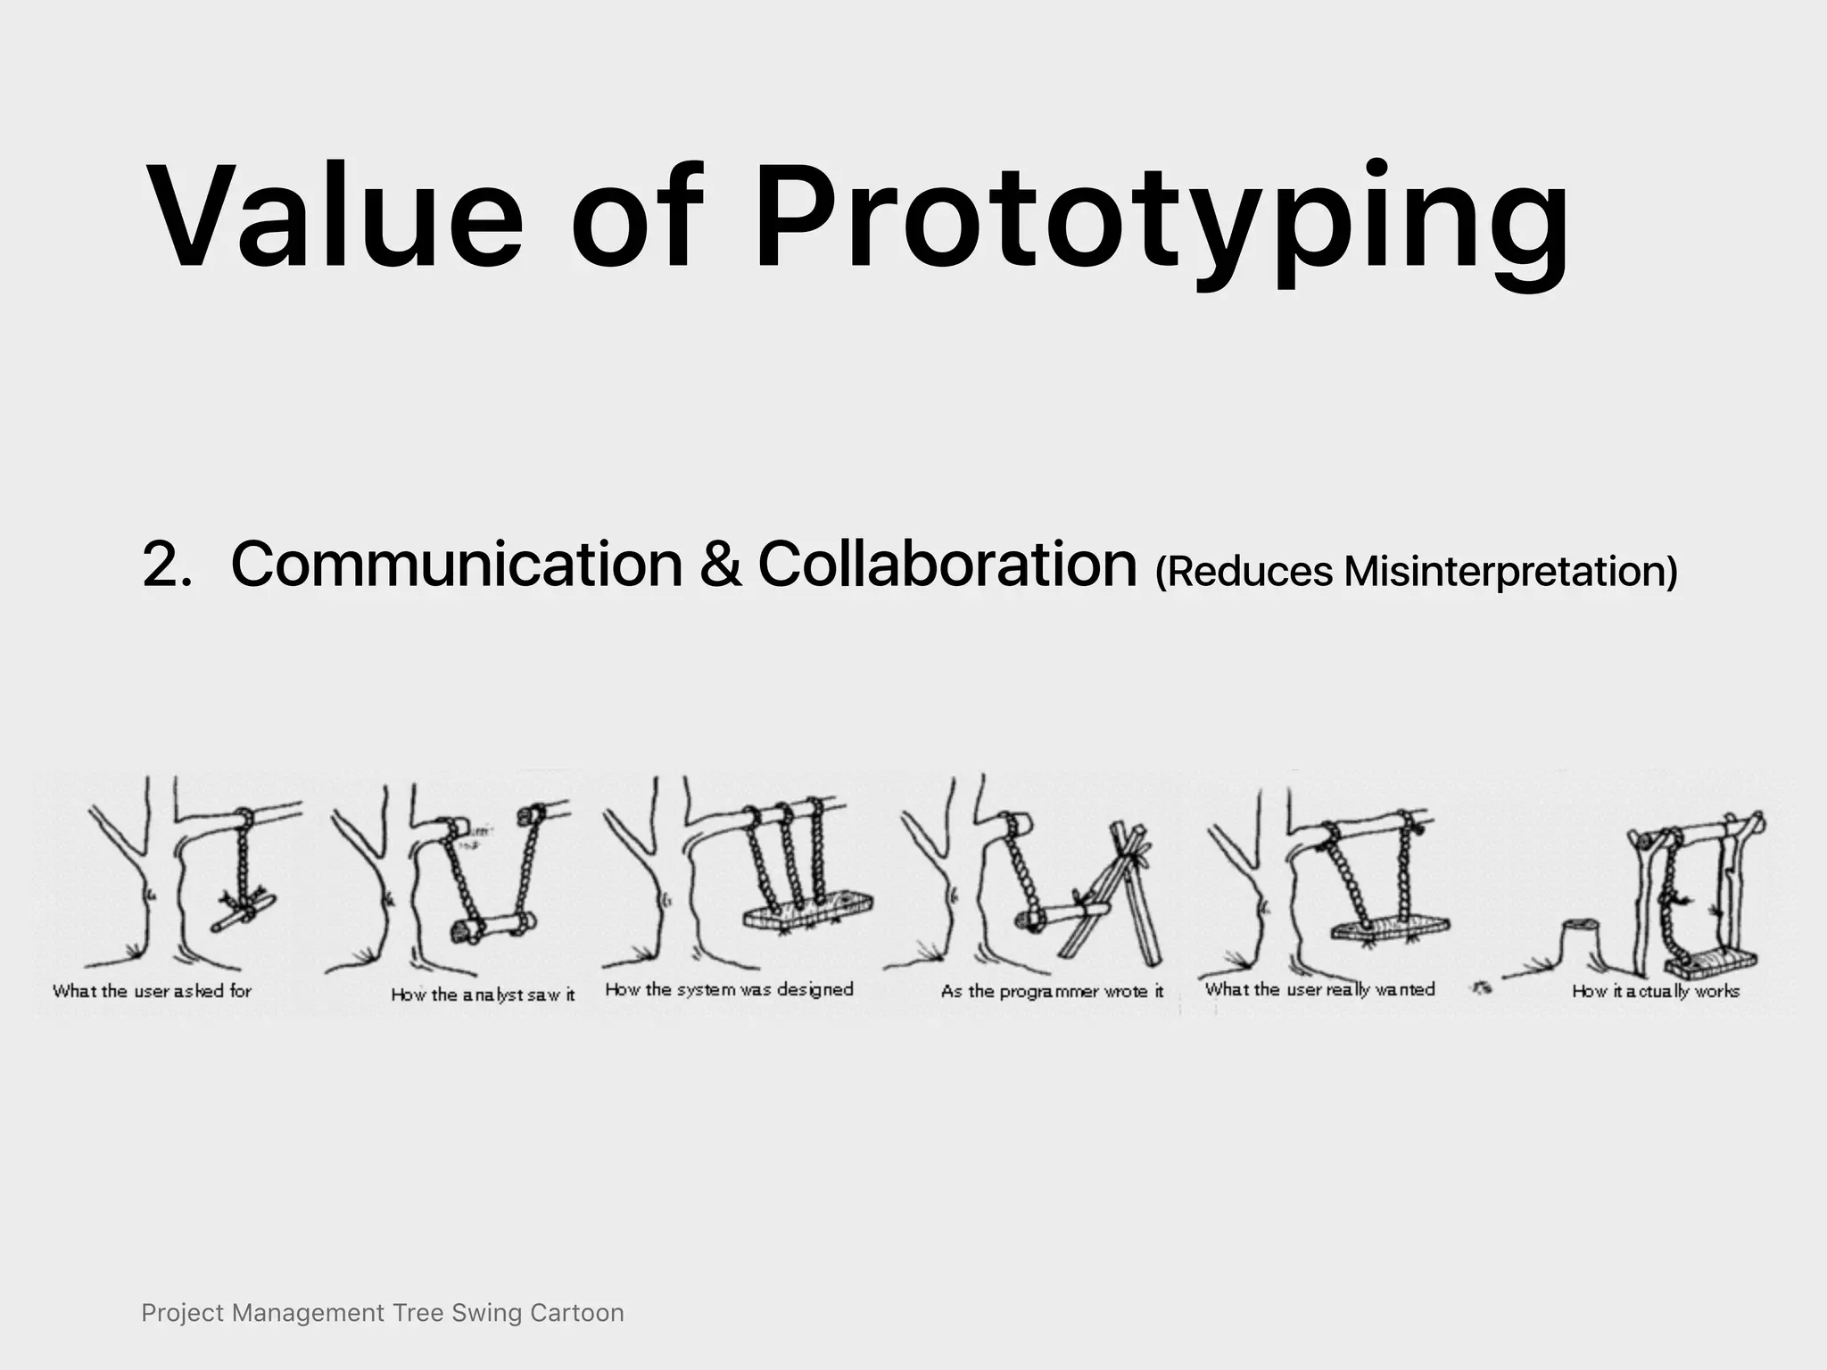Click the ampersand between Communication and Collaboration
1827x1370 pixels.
click(720, 565)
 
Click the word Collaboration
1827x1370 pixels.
click(947, 565)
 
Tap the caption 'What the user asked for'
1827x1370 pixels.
click(152, 991)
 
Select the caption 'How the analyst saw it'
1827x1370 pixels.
click(483, 994)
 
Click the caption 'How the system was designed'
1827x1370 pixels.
click(729, 989)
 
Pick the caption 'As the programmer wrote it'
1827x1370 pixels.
click(1052, 991)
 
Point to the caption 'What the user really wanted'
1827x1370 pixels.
click(1319, 989)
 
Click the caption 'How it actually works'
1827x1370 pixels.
click(1656, 991)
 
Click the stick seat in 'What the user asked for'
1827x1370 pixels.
click(244, 911)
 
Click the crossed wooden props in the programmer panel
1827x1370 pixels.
click(1120, 901)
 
